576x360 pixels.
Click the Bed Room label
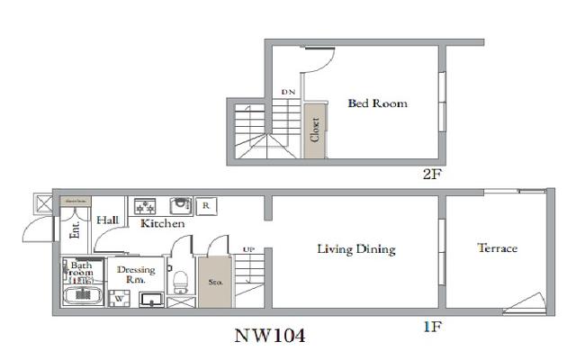[377, 103]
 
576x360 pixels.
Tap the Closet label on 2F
[315, 130]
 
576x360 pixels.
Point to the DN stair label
[288, 93]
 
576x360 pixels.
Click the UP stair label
[247, 249]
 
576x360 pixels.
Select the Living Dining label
[356, 249]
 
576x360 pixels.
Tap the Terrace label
[497, 248]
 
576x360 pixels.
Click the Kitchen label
[162, 223]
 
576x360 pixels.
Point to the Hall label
[108, 220]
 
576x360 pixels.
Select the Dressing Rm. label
[136, 274]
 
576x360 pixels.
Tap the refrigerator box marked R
[206, 205]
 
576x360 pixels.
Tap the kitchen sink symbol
[179, 204]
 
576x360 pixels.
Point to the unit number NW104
[270, 337]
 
